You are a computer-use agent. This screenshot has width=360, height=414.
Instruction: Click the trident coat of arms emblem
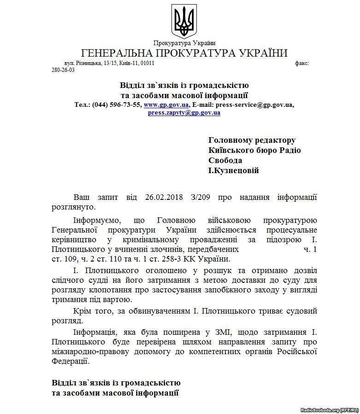[184, 20]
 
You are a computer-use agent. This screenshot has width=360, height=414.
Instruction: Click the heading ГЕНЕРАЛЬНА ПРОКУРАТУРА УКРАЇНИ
[184, 53]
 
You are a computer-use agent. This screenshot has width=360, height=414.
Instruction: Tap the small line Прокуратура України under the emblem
[184, 43]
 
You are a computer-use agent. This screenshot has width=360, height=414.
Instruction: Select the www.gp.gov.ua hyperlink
[162, 105]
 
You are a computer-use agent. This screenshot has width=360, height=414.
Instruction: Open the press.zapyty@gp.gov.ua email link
[184, 112]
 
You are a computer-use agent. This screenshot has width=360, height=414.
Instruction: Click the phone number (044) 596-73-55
[117, 105]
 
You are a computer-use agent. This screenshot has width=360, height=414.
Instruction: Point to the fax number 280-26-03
[63, 70]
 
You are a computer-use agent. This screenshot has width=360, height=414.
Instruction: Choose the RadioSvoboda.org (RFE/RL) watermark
[329, 409]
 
